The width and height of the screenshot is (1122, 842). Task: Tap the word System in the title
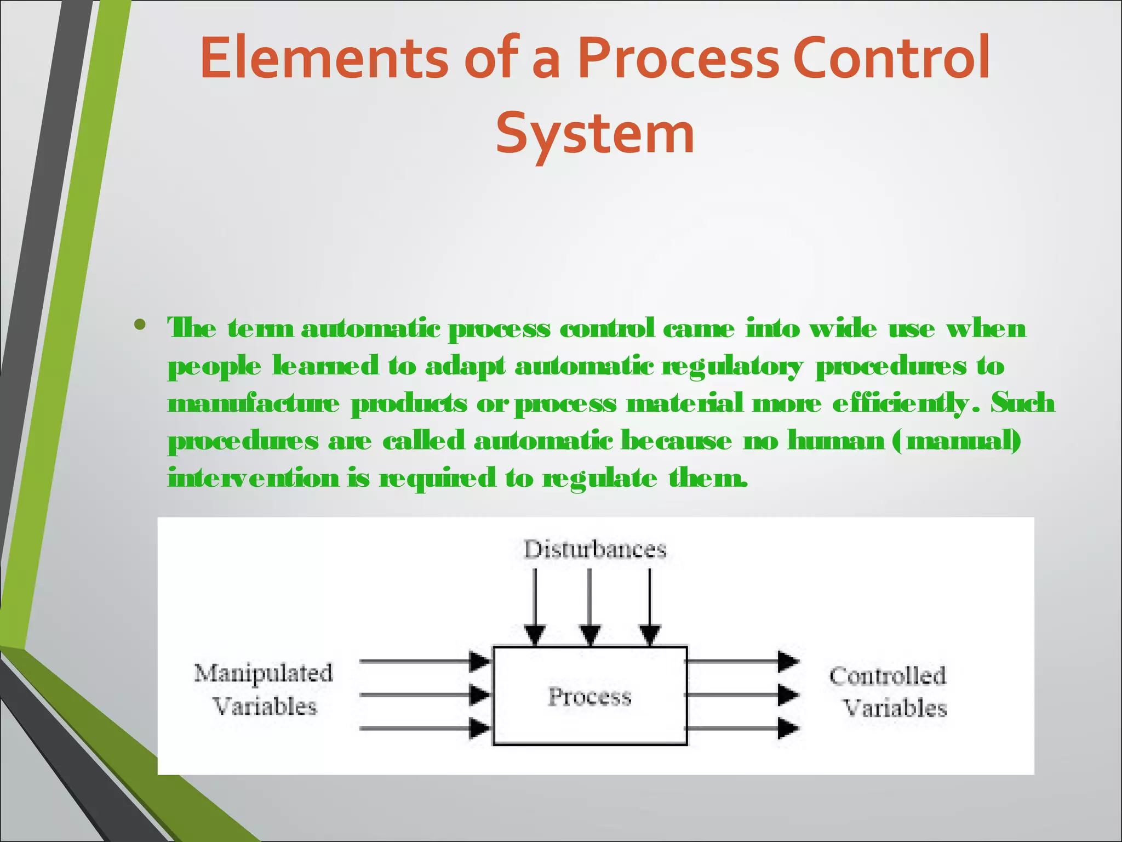595,133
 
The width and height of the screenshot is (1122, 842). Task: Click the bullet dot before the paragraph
140,325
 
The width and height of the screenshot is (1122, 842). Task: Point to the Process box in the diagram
590,696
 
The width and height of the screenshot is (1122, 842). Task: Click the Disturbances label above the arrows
595,549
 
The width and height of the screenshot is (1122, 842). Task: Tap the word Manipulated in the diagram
264,673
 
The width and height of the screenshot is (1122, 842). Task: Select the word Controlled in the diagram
888,675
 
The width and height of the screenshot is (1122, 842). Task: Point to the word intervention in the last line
254,477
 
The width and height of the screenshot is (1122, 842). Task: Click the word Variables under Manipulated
265,707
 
